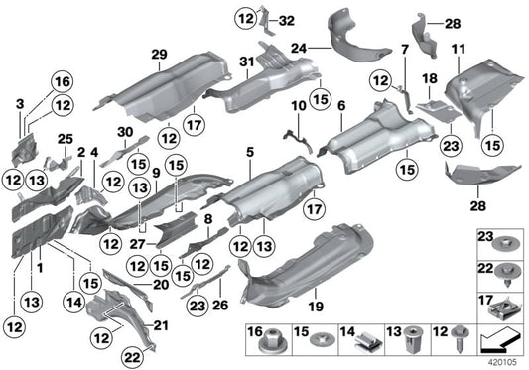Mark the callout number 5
coord(250,151)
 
